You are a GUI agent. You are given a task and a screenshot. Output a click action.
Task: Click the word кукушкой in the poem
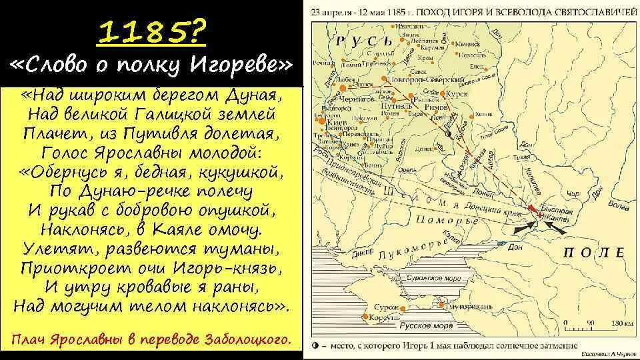[x=243, y=172]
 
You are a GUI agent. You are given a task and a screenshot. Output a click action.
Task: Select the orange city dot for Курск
[x=442, y=95]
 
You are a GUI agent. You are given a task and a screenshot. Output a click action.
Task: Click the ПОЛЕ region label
[x=593, y=253]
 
